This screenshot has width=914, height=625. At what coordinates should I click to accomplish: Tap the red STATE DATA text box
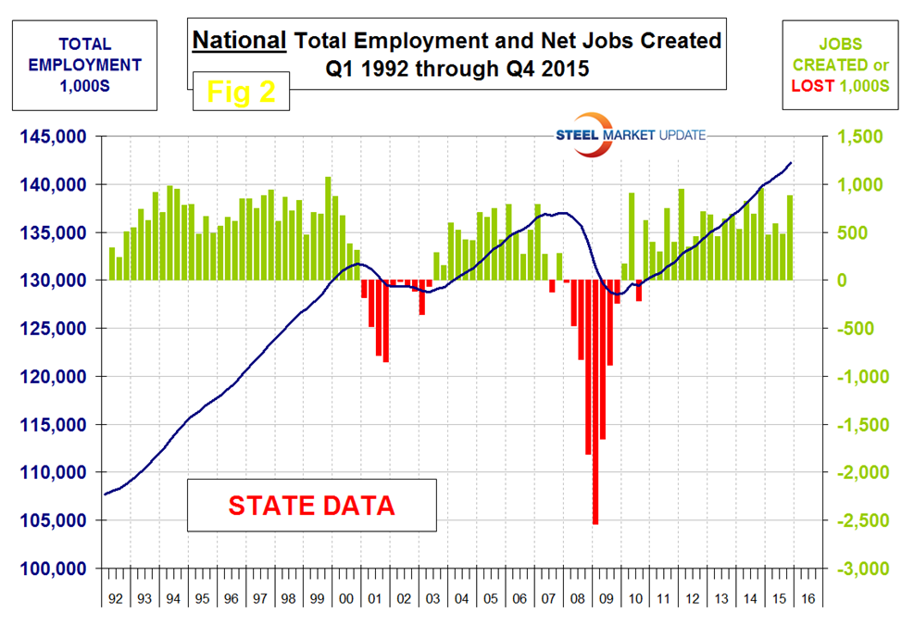coord(311,506)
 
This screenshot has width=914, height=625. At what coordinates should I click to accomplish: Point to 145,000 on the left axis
coord(53,137)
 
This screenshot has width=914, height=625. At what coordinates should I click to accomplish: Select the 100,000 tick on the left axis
coord(53,569)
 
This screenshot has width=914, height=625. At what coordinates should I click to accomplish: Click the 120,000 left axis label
coord(53,377)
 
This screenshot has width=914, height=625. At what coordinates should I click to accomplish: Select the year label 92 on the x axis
coord(116,599)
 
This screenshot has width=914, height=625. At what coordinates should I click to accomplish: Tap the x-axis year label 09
coord(606,599)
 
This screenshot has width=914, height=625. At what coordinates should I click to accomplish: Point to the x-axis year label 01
coord(375,599)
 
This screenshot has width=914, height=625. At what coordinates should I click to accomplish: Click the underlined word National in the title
coord(239,41)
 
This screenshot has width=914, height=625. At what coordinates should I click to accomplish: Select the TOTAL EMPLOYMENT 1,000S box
coord(85,65)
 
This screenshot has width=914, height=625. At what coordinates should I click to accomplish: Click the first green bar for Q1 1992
coord(112,264)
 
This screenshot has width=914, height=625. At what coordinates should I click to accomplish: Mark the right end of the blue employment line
coord(792,163)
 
